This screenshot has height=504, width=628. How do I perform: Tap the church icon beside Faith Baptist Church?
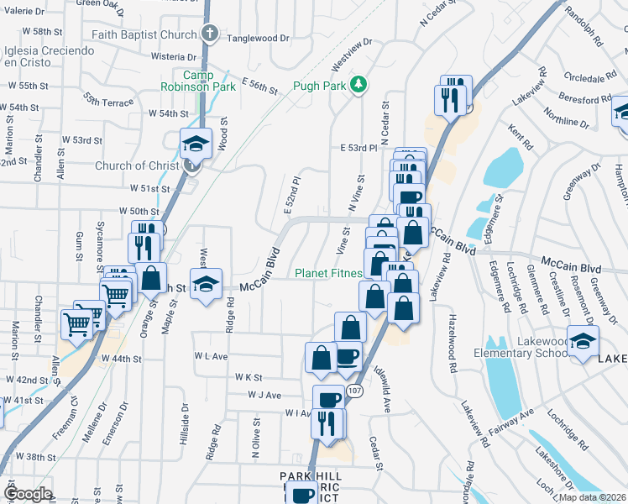tap(211, 35)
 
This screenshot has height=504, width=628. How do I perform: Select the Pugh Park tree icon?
tap(358, 84)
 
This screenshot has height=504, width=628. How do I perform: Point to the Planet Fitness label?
tap(328, 273)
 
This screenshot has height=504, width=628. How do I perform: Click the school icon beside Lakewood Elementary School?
tap(581, 342)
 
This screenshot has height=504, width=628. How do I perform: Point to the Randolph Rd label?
tap(585, 29)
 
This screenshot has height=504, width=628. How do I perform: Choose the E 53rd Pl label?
tap(357, 147)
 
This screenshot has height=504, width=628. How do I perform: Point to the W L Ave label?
tap(211, 356)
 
